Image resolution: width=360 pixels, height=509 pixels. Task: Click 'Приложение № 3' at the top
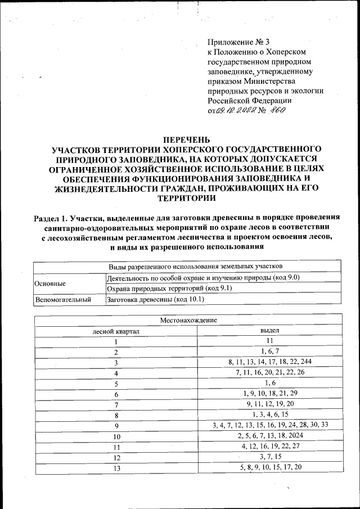point(238,42)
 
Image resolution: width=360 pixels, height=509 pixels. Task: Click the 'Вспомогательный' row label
point(64,300)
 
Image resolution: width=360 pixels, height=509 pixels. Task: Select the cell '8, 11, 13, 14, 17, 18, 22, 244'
point(270,362)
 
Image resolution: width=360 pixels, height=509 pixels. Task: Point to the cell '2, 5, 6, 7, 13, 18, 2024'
point(270,436)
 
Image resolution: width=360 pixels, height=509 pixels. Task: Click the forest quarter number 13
point(116,468)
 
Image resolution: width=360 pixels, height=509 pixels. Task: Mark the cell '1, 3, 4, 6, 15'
point(270,415)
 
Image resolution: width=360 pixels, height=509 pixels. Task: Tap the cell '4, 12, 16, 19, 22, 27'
point(270,447)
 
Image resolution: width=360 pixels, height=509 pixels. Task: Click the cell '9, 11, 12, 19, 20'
point(270,404)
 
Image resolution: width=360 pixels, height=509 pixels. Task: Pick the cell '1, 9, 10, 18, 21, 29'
point(270,394)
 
